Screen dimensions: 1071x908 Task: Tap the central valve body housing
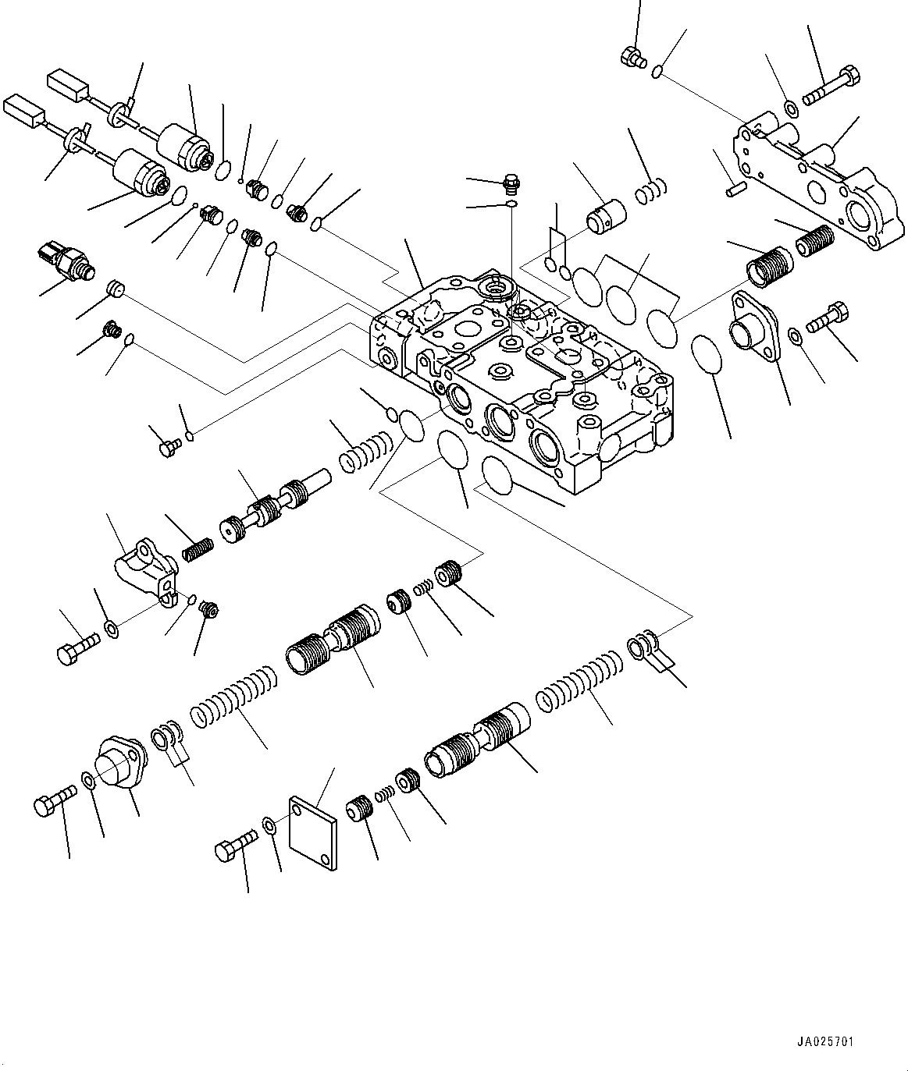tap(523, 374)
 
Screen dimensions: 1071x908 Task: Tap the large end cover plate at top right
tap(812, 183)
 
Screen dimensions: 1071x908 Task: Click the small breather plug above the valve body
tap(510, 185)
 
